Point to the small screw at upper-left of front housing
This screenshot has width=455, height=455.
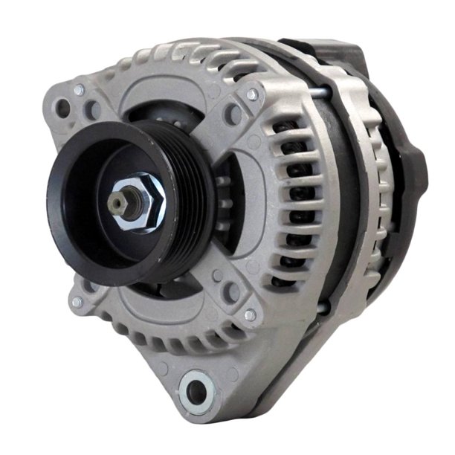(78, 90)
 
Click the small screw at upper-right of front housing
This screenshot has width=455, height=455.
(252, 94)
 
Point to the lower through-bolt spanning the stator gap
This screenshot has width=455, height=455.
(321, 306)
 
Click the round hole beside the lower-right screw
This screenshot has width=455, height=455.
(232, 295)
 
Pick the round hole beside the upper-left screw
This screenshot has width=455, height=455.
(93, 109)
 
